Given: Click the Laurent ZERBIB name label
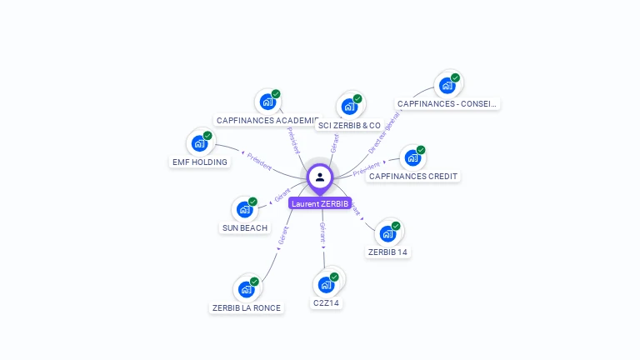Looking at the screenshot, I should click(x=320, y=203).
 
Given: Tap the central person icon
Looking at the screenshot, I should click(x=320, y=177).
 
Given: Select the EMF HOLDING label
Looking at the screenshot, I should click(x=199, y=162).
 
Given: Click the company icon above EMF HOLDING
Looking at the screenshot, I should click(x=200, y=142).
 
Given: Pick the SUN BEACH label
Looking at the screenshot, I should click(x=245, y=227).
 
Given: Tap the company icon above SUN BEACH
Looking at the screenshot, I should click(x=245, y=208).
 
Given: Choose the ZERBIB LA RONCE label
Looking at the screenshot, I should click(x=247, y=307).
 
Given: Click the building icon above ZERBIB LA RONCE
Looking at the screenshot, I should click(x=247, y=288).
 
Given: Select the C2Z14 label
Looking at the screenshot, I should click(x=326, y=302).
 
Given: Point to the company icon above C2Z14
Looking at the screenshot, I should click(x=326, y=283).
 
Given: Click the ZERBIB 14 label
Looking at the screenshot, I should click(x=388, y=252).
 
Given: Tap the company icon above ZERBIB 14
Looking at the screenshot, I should click(x=388, y=232).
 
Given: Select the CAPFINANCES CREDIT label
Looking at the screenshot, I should click(x=413, y=176).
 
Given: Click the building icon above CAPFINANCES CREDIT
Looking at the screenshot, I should click(x=412, y=157).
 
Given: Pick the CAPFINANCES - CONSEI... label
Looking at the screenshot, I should click(x=447, y=104).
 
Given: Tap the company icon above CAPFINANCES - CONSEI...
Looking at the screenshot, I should click(x=447, y=85).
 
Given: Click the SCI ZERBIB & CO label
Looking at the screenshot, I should click(x=349, y=125).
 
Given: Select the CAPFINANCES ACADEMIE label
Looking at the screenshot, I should click(x=267, y=120).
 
